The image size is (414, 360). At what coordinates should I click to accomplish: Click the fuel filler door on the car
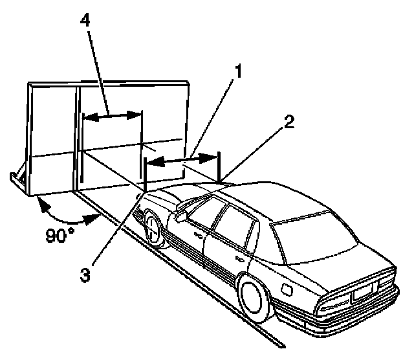click(283, 285)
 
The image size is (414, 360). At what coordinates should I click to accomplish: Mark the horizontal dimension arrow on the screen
click(113, 116)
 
